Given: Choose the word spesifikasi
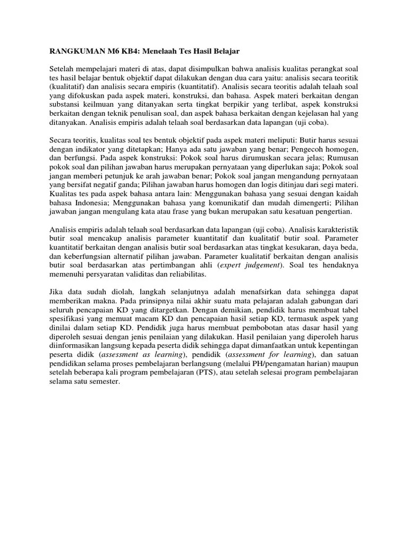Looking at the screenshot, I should coord(68,320).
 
